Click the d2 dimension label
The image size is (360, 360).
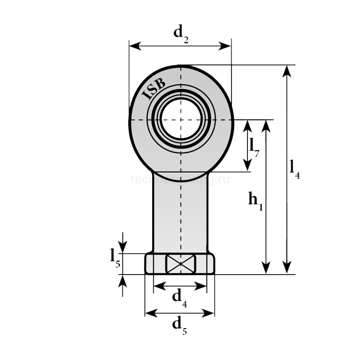click(181, 33)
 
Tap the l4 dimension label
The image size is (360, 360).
click(295, 168)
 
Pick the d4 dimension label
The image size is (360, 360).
click(179, 297)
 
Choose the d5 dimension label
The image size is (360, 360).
click(179, 325)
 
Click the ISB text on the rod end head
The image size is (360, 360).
click(153, 88)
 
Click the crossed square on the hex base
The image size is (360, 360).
click(180, 264)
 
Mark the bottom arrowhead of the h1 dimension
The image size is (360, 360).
click(265, 268)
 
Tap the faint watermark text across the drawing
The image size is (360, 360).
click(180, 179)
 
